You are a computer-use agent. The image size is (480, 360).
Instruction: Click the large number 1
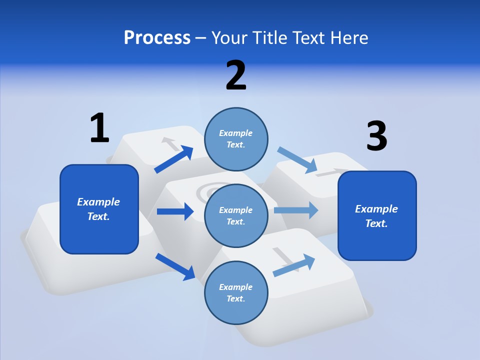[99, 128]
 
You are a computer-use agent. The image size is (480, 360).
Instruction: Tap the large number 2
[236, 75]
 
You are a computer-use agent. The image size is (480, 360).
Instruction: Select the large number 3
[376, 136]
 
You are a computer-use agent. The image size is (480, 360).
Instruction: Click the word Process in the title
[157, 37]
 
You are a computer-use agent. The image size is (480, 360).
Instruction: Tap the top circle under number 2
[236, 139]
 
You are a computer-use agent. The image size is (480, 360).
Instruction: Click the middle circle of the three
[236, 215]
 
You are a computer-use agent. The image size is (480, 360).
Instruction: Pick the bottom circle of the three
[236, 292]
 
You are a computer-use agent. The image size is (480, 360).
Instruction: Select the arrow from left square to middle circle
[175, 211]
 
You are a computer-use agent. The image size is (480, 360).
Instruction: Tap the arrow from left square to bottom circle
[175, 266]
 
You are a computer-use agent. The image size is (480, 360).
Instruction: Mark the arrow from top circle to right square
[297, 160]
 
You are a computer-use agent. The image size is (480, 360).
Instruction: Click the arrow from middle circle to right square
[296, 210]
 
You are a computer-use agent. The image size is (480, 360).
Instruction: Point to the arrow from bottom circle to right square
[294, 265]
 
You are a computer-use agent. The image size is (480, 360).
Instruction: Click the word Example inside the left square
[98, 202]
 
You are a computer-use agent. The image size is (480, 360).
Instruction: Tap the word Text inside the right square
[376, 223]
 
